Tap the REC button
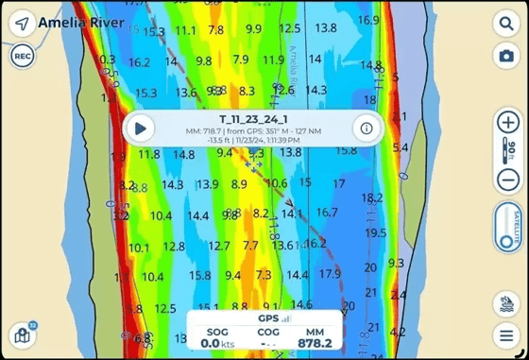[23, 57]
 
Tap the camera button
[507, 57]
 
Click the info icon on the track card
[365, 128]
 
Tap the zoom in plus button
[507, 123]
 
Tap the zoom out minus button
[507, 180]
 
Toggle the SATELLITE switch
[507, 227]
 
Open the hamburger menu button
[507, 334]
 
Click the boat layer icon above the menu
[507, 302]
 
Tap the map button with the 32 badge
[22, 334]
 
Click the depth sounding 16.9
[368, 20]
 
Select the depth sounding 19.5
[375, 232]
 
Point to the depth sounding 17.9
[330, 274]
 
